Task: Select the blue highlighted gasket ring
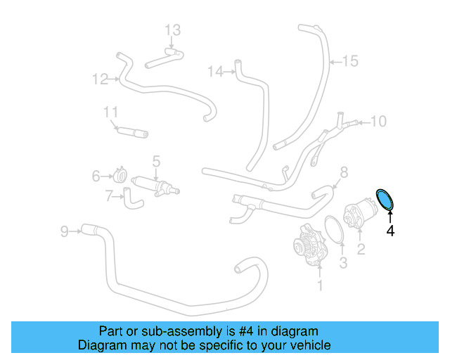coord(385,199)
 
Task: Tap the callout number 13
coord(173,30)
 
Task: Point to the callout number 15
coord(350,61)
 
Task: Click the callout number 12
coord(100,79)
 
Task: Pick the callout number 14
coord(216,71)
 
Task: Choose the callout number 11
coord(110,112)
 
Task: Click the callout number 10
coord(378,122)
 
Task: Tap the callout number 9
coord(64,230)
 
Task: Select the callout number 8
coord(344,172)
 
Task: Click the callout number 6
coord(96,176)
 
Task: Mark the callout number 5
coord(156,161)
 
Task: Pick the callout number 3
coord(343,263)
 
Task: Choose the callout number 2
coord(361,249)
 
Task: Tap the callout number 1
coord(320,285)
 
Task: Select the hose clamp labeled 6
coord(120,175)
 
